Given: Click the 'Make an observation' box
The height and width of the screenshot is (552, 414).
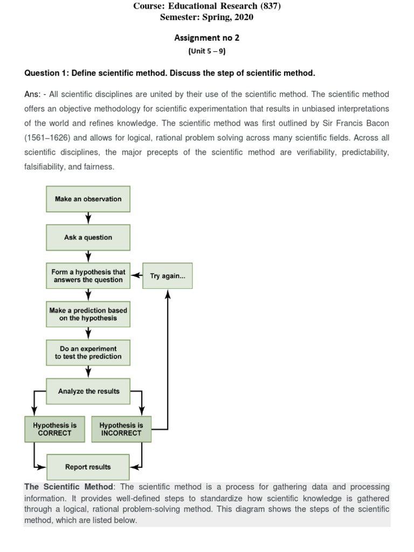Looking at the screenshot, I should click(88, 199).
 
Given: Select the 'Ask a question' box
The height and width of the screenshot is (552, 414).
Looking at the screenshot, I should click(88, 237).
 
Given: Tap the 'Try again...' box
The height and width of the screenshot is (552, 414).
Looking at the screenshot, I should click(167, 275).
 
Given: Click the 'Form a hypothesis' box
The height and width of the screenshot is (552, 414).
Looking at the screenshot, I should click(88, 276).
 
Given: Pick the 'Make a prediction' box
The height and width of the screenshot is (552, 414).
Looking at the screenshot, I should click(88, 314).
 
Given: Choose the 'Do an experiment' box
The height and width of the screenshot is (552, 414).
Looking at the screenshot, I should click(88, 353).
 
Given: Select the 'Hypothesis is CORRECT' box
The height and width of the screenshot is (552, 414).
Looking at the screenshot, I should click(54, 429).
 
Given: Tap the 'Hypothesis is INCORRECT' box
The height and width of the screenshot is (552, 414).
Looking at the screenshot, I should click(121, 429).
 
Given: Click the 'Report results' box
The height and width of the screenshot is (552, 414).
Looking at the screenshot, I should click(88, 467).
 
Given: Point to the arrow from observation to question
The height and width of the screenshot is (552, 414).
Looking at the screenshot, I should click(88, 218).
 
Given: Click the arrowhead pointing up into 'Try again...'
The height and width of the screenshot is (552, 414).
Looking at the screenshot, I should click(168, 294).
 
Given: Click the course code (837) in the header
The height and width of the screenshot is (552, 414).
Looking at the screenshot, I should click(269, 6).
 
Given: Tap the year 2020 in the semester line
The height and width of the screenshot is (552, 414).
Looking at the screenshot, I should click(242, 17).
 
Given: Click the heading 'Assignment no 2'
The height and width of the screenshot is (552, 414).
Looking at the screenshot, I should click(206, 38).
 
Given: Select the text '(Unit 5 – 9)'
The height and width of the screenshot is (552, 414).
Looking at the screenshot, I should click(206, 51).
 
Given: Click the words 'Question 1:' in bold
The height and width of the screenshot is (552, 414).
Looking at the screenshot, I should click(46, 73).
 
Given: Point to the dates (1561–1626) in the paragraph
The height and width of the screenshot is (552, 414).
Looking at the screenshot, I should click(46, 137).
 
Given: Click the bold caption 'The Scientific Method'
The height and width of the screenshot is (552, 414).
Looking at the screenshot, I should click(68, 487).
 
